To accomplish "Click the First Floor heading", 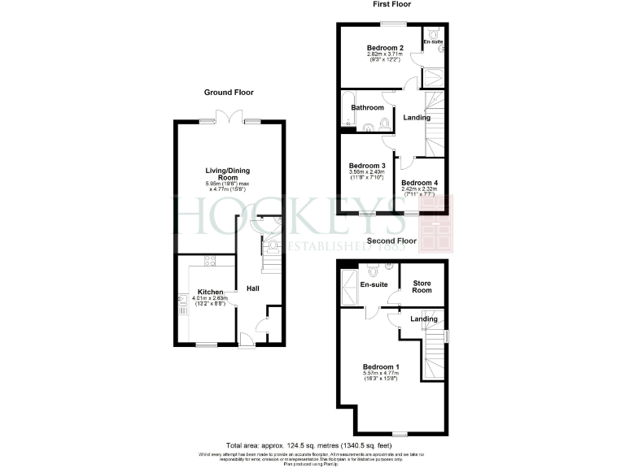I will point(391,4).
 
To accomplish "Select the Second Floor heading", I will point(391,241).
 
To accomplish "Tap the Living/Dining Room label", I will point(221,173).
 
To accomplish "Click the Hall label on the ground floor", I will point(253,288).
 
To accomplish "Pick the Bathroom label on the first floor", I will point(367,108).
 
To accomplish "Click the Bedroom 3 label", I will point(366,166).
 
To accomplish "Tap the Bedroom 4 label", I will point(420,184).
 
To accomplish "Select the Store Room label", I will point(422,287).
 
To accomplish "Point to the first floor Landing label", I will point(417,119).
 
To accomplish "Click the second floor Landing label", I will point(423,318).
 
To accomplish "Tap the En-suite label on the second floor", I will point(374,285).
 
